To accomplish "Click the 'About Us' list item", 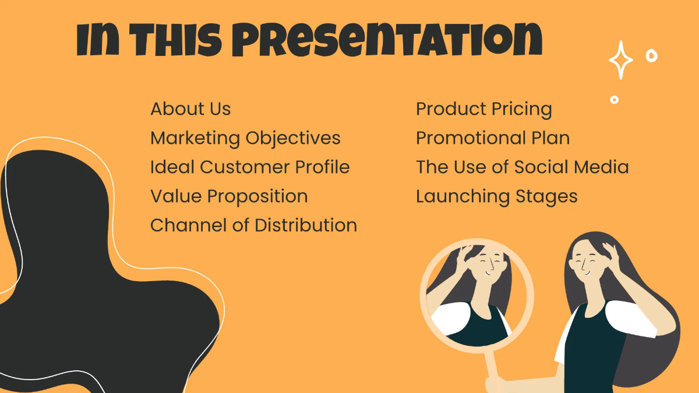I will click(x=190, y=109).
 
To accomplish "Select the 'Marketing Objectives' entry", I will click(x=245, y=138).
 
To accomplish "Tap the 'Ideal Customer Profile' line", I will click(x=250, y=167).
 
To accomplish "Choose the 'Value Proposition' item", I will click(x=229, y=196).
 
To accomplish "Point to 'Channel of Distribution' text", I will click(x=253, y=225).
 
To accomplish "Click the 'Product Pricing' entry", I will click(x=483, y=109).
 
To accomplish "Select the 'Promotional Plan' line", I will click(x=493, y=138).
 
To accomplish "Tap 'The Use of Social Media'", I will click(x=522, y=167).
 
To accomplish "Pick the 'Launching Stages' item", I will click(x=496, y=196).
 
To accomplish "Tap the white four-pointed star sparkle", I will click(x=620, y=60).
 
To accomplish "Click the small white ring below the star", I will click(x=614, y=100).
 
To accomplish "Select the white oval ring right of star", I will click(x=651, y=56).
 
